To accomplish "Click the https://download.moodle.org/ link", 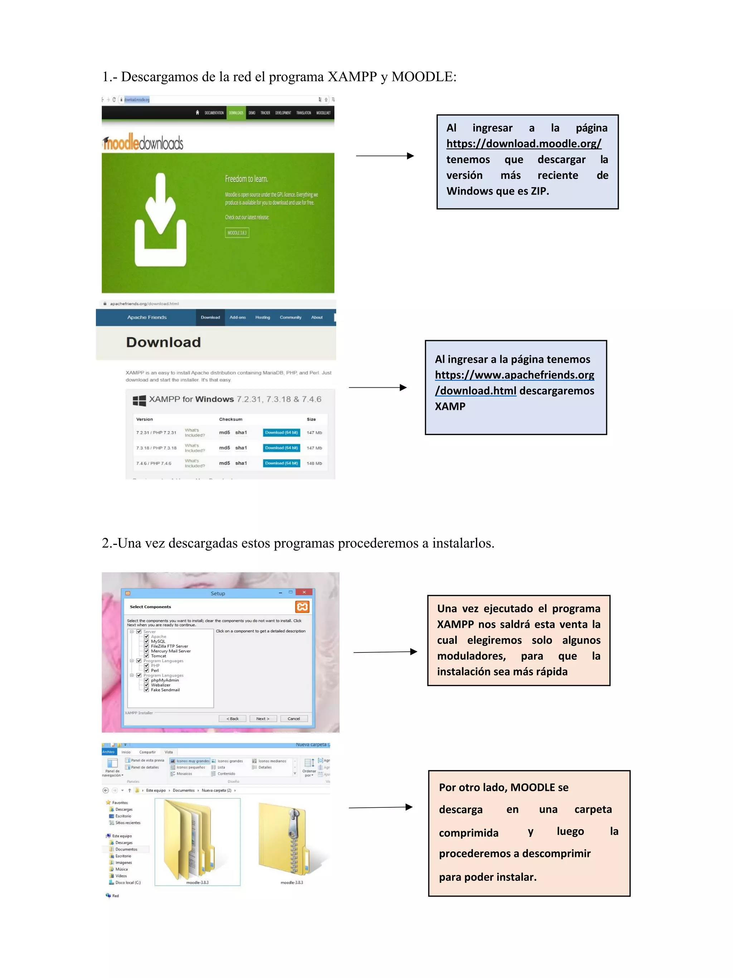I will pos(523,144).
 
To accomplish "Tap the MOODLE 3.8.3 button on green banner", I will pos(237,233).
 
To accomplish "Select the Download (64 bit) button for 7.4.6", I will pos(281,463).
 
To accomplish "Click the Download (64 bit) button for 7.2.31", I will pos(281,432).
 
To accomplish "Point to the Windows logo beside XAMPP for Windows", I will pos(139,400).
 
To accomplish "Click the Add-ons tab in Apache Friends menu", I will pos(238,317).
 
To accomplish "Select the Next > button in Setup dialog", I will pos(263,718).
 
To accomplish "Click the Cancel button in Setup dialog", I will pos(294,718).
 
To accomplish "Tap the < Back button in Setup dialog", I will pos(232,718).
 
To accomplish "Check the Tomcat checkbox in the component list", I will pos(146,656).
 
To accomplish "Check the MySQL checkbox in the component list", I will pos(146,641).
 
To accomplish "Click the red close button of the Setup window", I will pos(304,592).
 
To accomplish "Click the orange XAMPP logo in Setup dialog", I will pos(302,607).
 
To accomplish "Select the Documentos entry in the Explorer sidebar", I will pos(126,849).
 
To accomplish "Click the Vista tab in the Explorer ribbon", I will pos(169,752).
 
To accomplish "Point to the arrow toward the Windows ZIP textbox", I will pos(385,156).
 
